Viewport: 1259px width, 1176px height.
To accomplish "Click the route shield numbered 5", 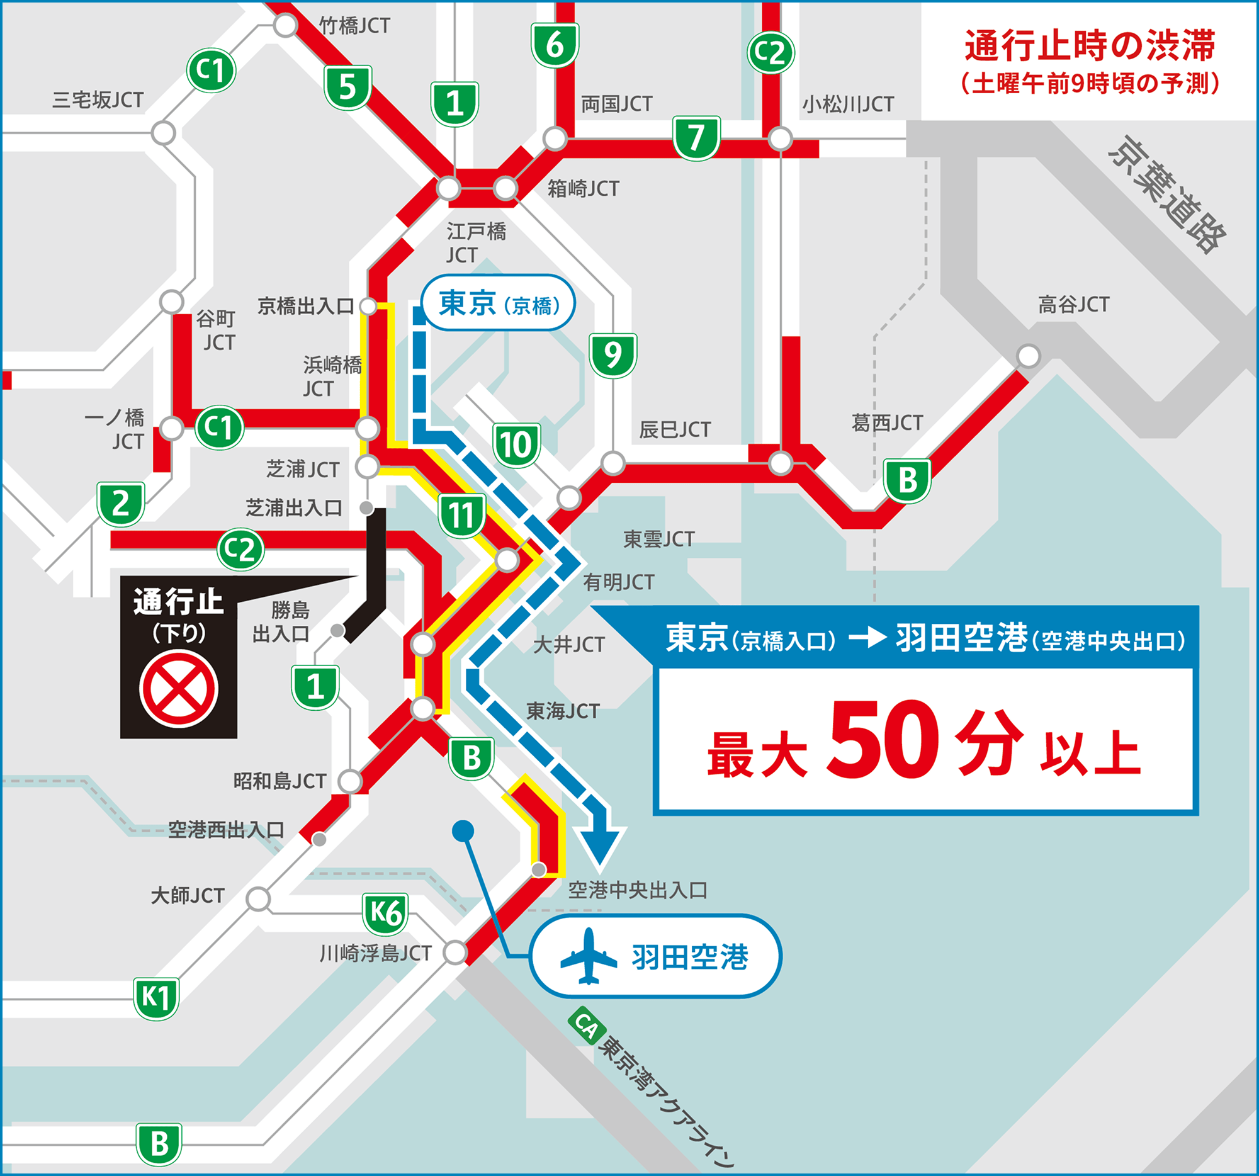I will pos(347,88).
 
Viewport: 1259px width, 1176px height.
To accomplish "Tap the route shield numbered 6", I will pos(555,45).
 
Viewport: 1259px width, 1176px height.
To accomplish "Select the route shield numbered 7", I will pos(696,137).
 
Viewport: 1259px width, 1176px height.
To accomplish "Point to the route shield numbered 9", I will pos(613,355).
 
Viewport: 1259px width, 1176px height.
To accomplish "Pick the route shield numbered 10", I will pos(516,444).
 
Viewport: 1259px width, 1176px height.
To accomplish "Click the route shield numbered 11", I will pos(461,516).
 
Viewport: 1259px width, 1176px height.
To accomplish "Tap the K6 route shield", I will pos(385,913).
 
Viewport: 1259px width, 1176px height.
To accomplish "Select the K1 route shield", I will pos(155,997).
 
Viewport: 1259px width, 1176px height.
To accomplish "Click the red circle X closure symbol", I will pos(179,689).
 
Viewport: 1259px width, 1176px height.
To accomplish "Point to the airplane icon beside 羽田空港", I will pos(589,956).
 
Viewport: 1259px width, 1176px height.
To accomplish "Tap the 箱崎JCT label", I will pos(583,188).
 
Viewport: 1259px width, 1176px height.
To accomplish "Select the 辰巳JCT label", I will pos(674,429).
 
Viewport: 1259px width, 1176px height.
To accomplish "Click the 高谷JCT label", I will pos(1073,305).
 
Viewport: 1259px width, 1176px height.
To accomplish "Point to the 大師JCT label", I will pos(188,895).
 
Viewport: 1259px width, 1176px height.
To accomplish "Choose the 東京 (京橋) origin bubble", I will pos(499,303).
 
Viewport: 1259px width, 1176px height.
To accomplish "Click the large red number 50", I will pos(882,740).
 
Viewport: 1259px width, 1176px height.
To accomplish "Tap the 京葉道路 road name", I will pos(1168,195).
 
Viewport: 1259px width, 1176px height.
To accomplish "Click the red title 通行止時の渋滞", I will pos(1089,46).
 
